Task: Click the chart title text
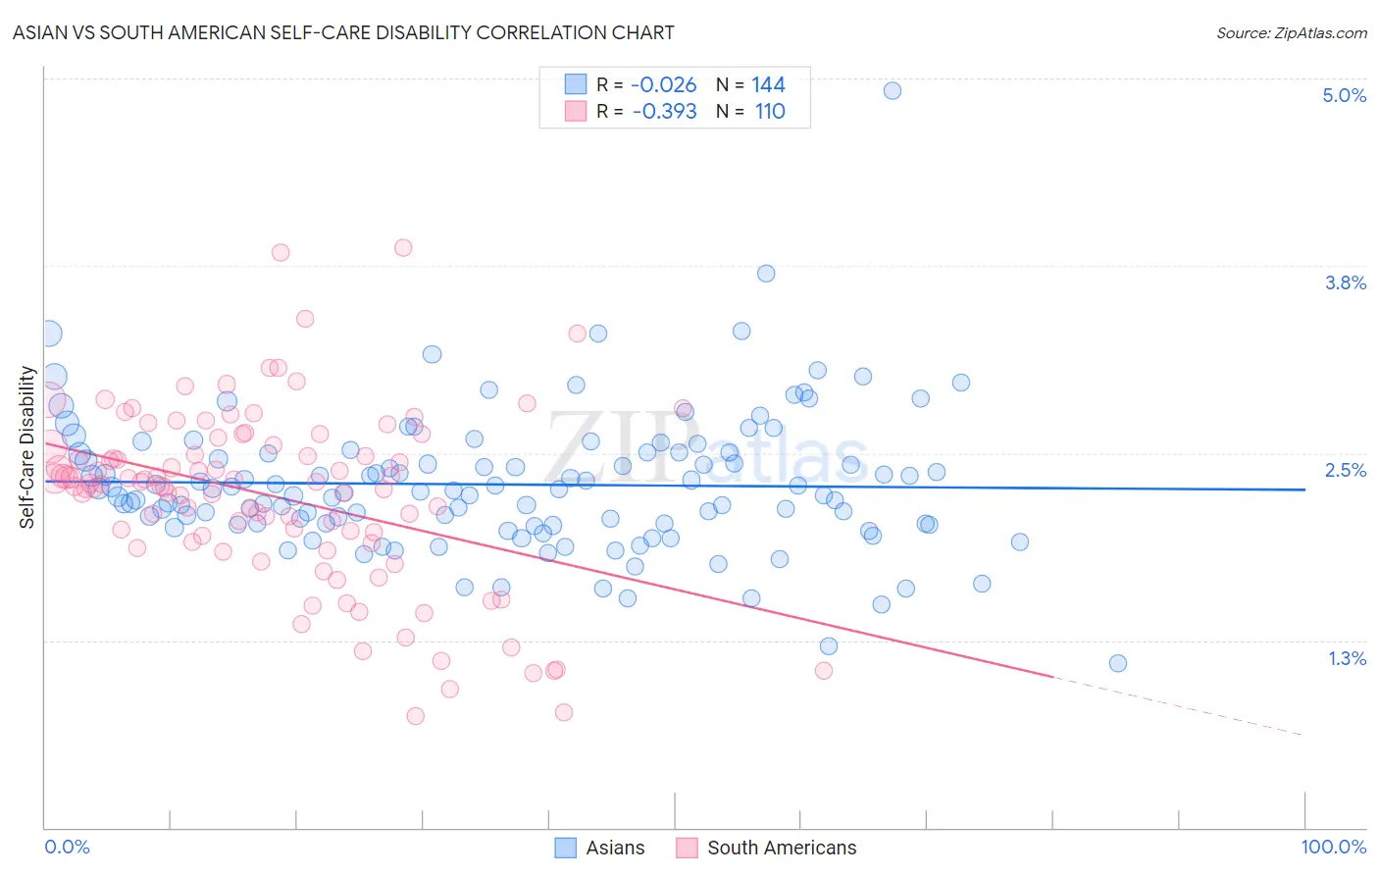tap(343, 32)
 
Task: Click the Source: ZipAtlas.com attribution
tap(1291, 32)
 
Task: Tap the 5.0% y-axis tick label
tap(1344, 95)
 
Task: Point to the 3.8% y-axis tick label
tap(1345, 283)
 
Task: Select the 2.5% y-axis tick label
tap(1345, 470)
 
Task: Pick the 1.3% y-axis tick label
tap(1347, 658)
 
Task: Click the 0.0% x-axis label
tap(67, 847)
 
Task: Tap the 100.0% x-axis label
tap(1333, 847)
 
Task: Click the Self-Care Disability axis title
tap(27, 447)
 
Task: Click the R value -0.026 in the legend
tap(664, 84)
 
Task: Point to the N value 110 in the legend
tap(770, 111)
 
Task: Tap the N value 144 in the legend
tap(768, 84)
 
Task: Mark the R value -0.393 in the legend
tap(664, 111)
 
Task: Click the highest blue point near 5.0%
tap(893, 90)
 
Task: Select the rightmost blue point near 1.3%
tap(1117, 663)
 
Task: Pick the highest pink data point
tap(403, 247)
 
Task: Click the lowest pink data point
tap(415, 716)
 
